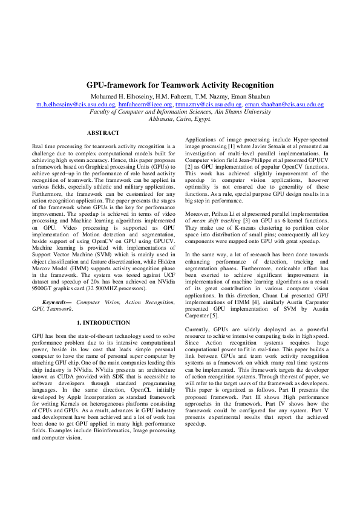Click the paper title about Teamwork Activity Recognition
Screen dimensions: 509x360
point(180,86)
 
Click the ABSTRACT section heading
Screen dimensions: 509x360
point(103,132)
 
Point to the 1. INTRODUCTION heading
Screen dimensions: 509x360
point(103,323)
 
